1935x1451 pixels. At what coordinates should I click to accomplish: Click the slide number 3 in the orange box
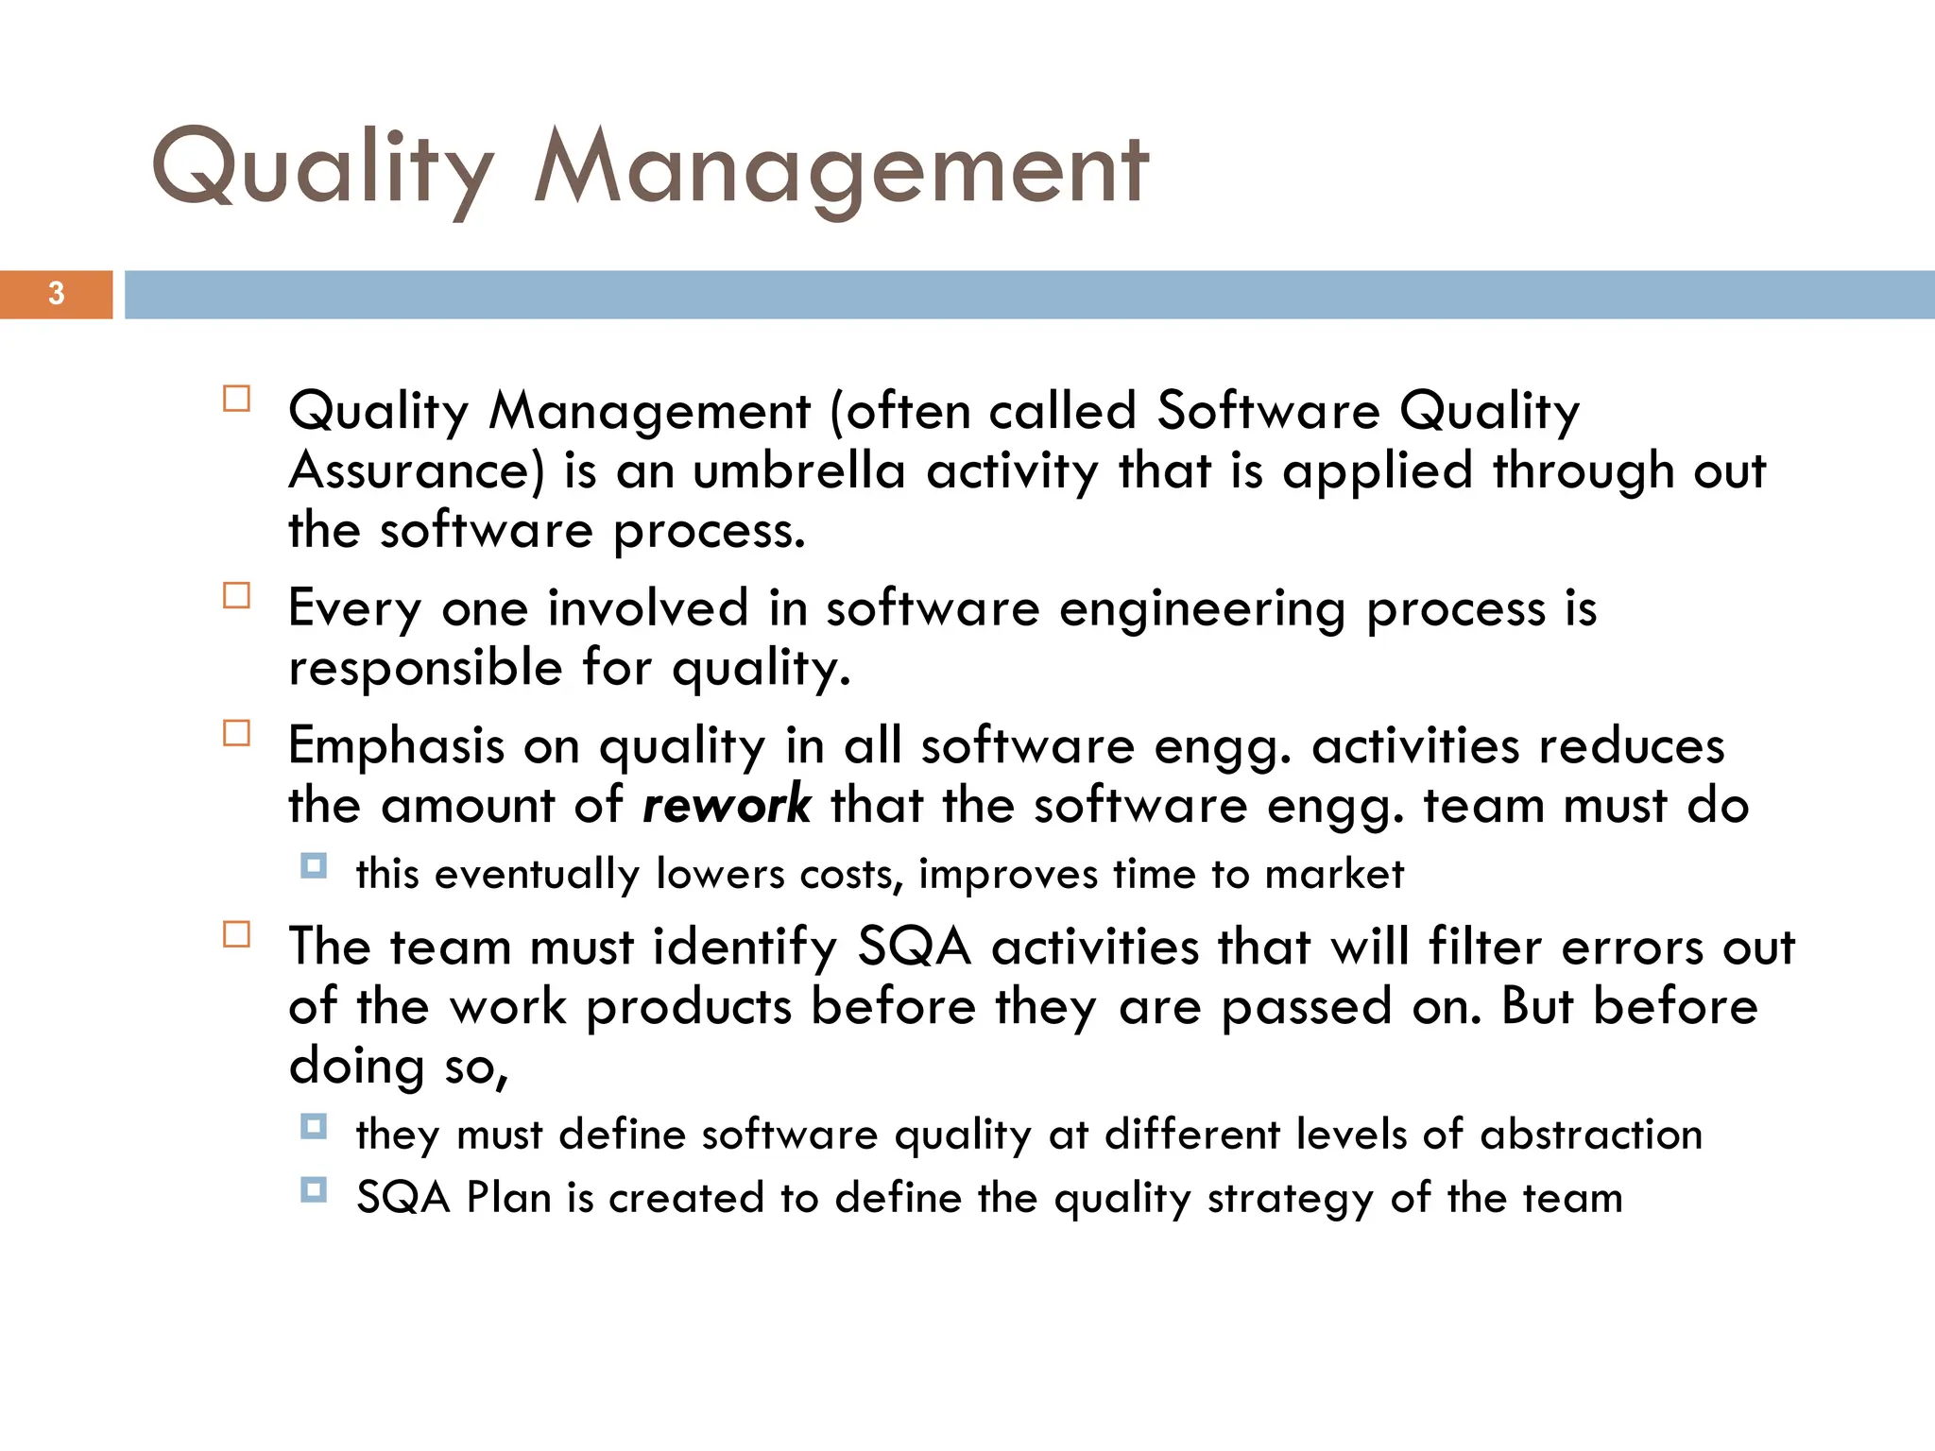pyautogui.click(x=57, y=294)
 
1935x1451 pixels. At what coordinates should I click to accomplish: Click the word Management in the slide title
pyautogui.click(x=841, y=170)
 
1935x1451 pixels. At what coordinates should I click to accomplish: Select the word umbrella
pyautogui.click(x=798, y=471)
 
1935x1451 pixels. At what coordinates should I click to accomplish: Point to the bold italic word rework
pyautogui.click(x=726, y=805)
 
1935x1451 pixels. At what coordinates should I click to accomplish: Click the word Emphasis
pyautogui.click(x=396, y=745)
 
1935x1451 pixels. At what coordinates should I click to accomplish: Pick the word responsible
pyautogui.click(x=425, y=669)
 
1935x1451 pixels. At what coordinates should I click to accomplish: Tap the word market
pyautogui.click(x=1334, y=875)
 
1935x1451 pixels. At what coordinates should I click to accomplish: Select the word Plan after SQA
pyautogui.click(x=509, y=1198)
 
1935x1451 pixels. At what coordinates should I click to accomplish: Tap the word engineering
pyautogui.click(x=1202, y=609)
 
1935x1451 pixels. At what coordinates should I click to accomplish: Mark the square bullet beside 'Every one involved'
pyautogui.click(x=237, y=595)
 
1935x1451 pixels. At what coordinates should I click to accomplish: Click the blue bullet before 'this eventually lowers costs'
pyautogui.click(x=314, y=865)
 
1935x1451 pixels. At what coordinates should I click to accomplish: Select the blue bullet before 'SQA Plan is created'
pyautogui.click(x=314, y=1189)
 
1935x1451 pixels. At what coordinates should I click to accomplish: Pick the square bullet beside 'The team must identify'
pyautogui.click(x=237, y=934)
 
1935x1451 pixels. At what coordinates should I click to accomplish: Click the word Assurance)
pyautogui.click(x=417, y=471)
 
